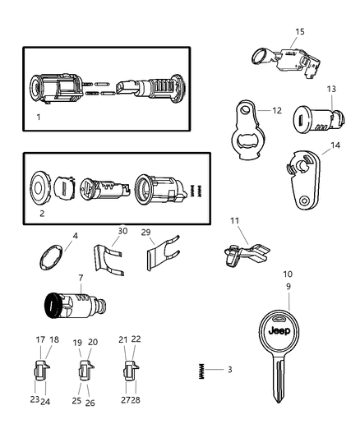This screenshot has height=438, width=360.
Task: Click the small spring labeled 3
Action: click(200, 370)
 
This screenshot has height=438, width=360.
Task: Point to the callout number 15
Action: click(299, 32)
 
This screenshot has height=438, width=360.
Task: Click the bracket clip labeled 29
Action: click(160, 253)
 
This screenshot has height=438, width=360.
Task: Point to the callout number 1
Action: click(38, 117)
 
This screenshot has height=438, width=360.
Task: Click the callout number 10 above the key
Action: click(288, 275)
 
